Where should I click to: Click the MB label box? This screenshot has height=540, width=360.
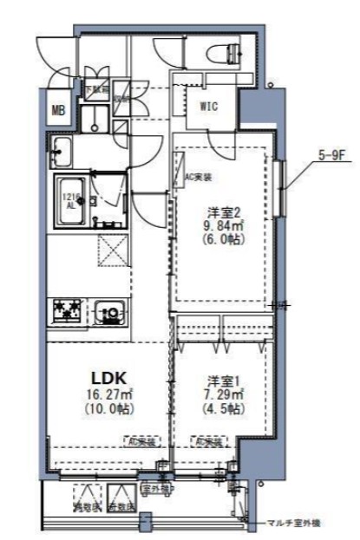[59, 109]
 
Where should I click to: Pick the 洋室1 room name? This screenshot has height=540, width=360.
[218, 380]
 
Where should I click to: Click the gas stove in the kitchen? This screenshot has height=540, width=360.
[68, 309]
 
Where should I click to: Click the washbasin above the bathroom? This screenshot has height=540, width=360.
[63, 151]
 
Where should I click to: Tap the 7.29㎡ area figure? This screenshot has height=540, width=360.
[218, 394]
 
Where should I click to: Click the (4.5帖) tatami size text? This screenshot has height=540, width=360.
[218, 408]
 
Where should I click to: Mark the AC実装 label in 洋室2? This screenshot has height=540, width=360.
[198, 176]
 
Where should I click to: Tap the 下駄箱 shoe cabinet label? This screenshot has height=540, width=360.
[95, 88]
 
